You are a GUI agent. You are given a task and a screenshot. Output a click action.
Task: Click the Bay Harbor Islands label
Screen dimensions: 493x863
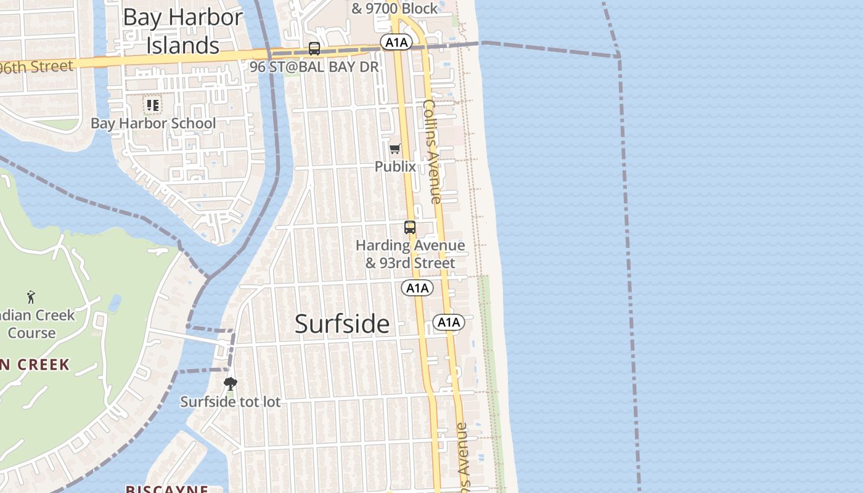tap(182, 31)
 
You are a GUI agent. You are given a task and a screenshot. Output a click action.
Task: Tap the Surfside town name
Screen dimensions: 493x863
tap(342, 324)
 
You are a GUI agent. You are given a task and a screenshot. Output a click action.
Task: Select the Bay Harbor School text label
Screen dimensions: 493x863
tap(153, 123)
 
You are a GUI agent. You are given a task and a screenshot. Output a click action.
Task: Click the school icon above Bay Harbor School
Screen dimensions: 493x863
tap(152, 105)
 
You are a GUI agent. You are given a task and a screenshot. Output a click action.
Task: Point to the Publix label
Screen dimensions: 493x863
tap(395, 166)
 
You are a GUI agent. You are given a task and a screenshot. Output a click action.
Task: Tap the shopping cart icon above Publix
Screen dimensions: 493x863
tap(395, 149)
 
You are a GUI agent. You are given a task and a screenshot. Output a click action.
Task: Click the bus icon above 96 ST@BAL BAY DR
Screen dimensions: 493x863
tap(314, 49)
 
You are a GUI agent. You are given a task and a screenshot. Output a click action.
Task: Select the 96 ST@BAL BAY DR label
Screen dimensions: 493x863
tap(314, 67)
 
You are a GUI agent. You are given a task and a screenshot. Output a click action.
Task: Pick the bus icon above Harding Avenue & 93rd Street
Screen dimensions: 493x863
tap(410, 227)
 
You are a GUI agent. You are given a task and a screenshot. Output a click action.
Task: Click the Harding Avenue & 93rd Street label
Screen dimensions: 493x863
tap(410, 254)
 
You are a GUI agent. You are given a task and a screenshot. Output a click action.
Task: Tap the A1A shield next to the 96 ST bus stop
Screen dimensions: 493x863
tap(395, 42)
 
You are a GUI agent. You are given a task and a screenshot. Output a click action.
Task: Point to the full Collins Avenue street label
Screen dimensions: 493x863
tap(433, 152)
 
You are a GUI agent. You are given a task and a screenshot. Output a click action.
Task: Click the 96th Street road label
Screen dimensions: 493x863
tap(37, 67)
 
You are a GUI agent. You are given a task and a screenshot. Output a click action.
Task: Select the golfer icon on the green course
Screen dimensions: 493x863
tap(31, 296)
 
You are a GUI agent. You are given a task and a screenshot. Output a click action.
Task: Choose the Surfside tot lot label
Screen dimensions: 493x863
tap(230, 402)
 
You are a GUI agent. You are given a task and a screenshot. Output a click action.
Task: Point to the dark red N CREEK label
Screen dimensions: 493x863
tap(35, 364)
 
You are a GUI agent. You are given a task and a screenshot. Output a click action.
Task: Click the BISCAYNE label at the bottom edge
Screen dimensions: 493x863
tap(166, 489)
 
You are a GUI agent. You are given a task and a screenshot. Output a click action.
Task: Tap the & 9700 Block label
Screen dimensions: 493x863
tap(395, 8)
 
